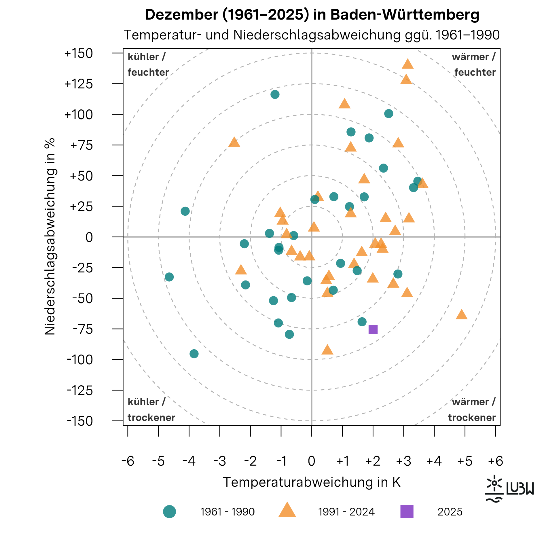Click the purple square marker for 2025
(x=373, y=329)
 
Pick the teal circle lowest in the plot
(x=194, y=354)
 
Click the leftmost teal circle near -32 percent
(x=169, y=277)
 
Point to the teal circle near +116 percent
(x=275, y=94)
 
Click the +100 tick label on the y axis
(x=79, y=115)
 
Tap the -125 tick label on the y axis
(x=80, y=391)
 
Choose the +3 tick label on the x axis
(x=403, y=461)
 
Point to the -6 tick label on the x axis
(x=128, y=461)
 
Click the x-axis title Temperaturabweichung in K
(x=312, y=482)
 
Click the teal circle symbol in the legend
(x=169, y=512)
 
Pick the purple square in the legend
(x=407, y=512)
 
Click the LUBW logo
(x=509, y=489)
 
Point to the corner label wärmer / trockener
(x=472, y=410)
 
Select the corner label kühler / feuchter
(x=148, y=65)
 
